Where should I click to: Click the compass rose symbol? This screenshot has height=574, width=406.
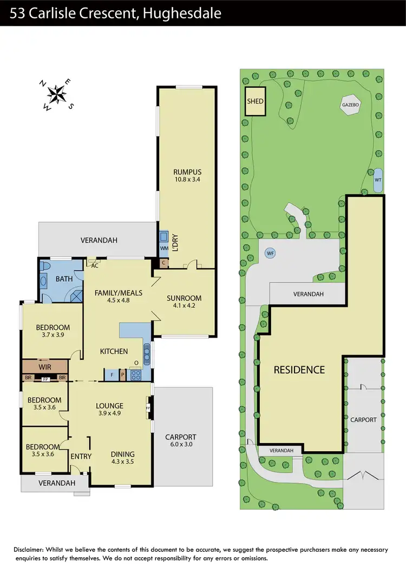pos(56,95)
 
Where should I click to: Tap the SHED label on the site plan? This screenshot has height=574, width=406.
pos(255,101)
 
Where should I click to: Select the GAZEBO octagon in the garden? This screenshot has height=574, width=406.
pos(351,105)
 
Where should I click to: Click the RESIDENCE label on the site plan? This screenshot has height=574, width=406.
pos(299,370)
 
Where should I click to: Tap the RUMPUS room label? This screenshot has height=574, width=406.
pos(187,176)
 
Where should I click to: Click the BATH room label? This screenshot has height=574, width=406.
pos(64,279)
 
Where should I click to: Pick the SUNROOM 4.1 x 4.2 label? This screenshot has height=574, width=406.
pos(184,302)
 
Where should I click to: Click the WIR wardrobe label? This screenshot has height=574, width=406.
pos(45,367)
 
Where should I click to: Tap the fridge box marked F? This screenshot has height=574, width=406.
pos(112,374)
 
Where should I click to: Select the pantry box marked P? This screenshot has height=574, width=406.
pos(123,374)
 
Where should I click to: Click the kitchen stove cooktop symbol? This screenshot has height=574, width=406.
pos(136,373)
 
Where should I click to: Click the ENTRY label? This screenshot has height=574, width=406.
pos(81,456)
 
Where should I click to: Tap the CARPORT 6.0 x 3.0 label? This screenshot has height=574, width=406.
pos(181,440)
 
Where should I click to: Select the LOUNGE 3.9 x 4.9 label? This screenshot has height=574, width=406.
pos(110,410)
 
